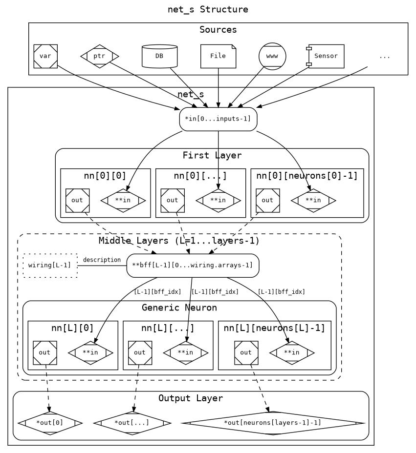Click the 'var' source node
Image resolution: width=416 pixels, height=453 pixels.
coord(45,56)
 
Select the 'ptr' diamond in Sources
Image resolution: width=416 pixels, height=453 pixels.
coord(99,56)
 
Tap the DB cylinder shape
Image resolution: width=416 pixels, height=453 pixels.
coord(159,56)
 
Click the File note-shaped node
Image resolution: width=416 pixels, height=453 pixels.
coord(218,56)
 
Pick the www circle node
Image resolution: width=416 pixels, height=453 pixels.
coord(272,56)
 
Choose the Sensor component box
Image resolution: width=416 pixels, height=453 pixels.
coord(326,56)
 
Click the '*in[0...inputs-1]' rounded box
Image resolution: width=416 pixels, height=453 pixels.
coord(218,119)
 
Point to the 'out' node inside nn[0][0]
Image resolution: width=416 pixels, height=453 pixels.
coord(77,200)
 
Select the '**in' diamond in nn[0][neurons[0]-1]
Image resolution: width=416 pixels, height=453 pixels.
coord(313,200)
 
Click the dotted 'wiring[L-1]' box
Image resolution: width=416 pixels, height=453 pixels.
coord(50,266)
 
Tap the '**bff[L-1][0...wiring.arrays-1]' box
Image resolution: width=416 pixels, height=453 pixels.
coord(193,266)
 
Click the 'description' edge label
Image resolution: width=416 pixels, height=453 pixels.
coord(102,260)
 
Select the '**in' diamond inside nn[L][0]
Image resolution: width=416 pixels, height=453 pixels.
coord(90,352)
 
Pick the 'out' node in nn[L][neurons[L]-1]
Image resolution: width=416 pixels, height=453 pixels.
coord(246,352)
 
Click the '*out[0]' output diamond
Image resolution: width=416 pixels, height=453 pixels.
coord(50,423)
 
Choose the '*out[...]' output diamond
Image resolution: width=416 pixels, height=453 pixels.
coord(132,423)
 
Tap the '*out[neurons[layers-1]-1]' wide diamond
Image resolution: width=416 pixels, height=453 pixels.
coord(272,423)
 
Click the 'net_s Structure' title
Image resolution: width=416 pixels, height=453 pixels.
coord(208,9)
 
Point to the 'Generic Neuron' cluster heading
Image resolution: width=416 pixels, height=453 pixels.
coord(179,308)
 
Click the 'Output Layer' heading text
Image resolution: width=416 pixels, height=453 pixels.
coord(191,398)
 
